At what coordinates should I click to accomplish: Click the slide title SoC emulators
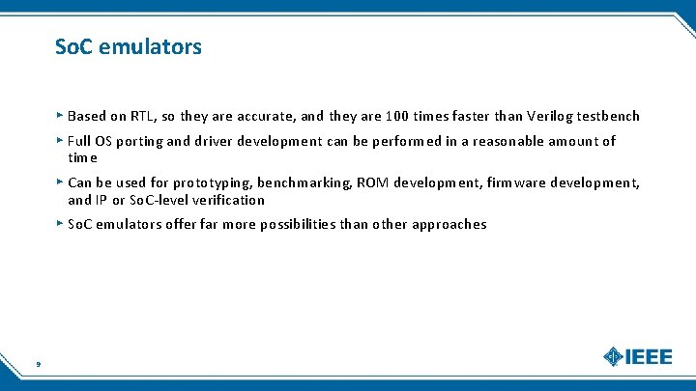[x=129, y=46]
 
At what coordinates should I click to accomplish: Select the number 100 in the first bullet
[x=396, y=117]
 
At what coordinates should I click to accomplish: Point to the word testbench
[x=608, y=117]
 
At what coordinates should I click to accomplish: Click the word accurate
[x=266, y=117]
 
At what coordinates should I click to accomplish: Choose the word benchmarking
[x=304, y=182]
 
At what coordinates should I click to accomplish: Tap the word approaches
[x=449, y=224]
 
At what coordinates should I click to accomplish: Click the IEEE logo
[x=637, y=356]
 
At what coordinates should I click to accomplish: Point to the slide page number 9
[x=37, y=364]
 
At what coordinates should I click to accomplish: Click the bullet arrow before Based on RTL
[x=60, y=116]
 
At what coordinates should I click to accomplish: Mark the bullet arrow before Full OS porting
[x=60, y=141]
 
